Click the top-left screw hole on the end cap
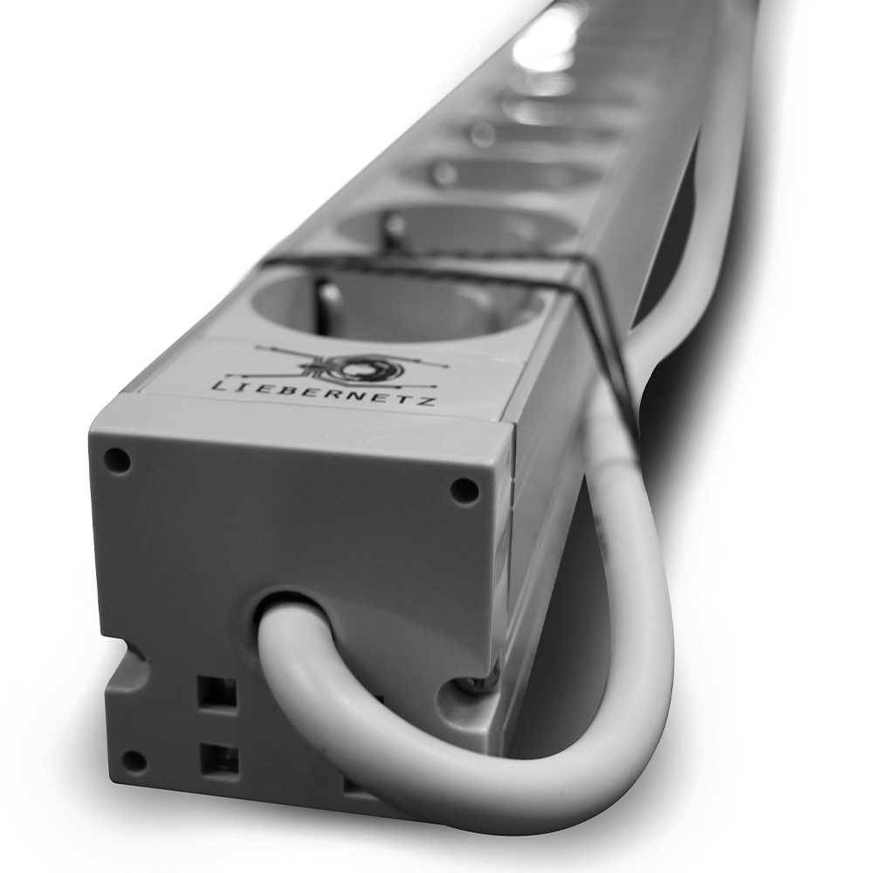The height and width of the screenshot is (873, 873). click(x=118, y=460)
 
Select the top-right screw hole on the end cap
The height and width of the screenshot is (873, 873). click(x=464, y=490)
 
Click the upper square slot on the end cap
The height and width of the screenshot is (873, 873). click(x=217, y=693)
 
